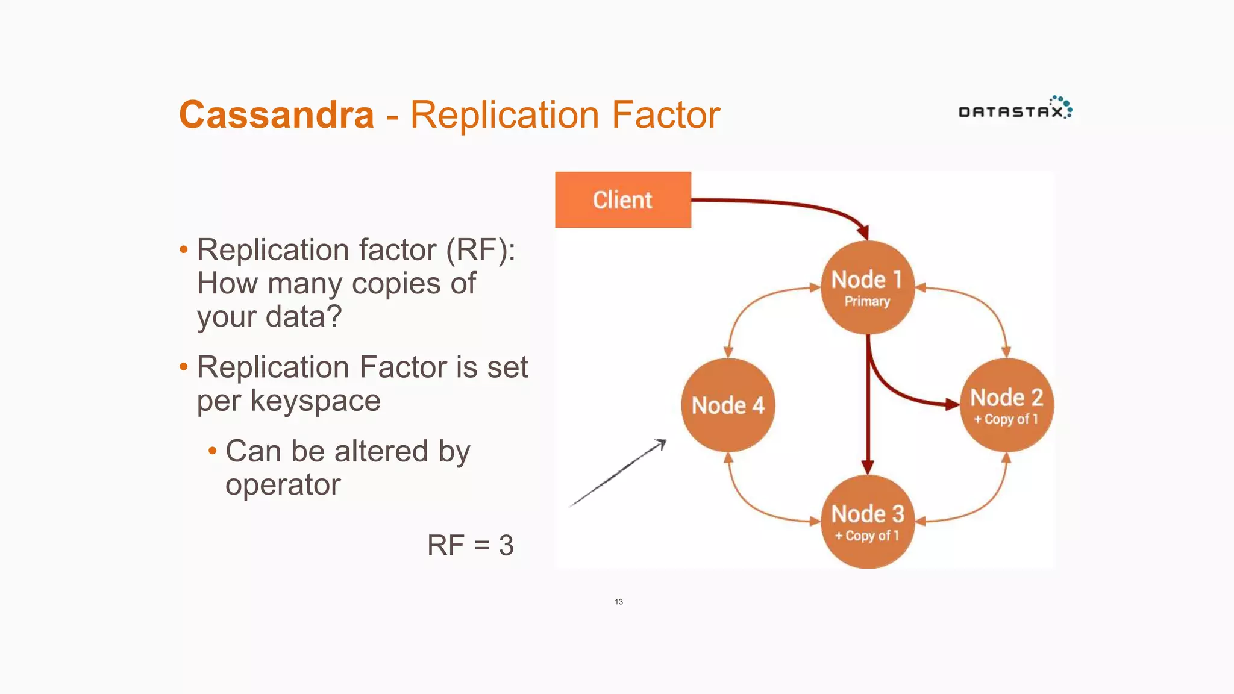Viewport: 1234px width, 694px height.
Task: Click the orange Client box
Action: pos(622,200)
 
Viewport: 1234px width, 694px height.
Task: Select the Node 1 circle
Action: pos(867,287)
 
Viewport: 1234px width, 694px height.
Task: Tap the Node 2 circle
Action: pos(1006,405)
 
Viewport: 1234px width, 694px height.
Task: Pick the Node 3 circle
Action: pos(867,522)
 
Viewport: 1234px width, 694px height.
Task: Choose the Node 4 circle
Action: pos(728,405)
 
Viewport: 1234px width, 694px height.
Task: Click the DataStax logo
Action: pos(1015,109)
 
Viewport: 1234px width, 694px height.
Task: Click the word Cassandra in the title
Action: pos(277,114)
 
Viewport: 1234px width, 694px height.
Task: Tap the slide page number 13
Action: pos(619,602)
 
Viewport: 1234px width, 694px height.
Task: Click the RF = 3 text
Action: pos(470,545)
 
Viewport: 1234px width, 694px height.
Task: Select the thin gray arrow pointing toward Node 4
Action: pos(617,474)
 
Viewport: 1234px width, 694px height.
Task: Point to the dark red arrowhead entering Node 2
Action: pos(951,404)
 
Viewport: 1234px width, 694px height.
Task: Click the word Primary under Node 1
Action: pos(867,301)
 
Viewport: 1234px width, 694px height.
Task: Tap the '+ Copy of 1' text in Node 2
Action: pos(1006,419)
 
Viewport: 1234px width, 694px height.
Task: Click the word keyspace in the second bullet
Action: pos(315,401)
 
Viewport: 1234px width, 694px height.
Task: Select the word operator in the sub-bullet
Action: pos(283,484)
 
